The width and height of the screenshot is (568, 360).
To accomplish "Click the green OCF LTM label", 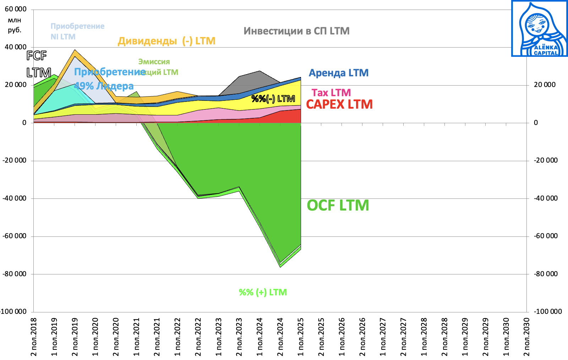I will pos(338,206).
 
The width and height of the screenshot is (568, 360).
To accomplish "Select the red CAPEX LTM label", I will pos(339,104).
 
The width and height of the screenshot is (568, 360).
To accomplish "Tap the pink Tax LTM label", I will pos(331,93).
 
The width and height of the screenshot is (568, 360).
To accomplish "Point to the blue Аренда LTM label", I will pos(338,73).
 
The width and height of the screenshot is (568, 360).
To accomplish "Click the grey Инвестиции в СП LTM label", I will pos(296,31).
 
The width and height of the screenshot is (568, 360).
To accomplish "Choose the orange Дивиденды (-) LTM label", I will pos(166,41).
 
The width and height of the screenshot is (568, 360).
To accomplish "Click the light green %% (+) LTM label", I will pos(263,292).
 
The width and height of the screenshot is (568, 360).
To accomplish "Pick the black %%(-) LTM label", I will pos(273,99).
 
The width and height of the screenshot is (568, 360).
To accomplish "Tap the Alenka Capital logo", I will pos(539,28).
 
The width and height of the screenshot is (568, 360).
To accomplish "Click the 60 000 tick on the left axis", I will pos(16,9).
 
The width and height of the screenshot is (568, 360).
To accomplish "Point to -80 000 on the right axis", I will pos(546,274).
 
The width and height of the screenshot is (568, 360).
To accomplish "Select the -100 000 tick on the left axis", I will pos(13,312).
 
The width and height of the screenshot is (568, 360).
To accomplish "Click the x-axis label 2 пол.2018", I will pos(34,337).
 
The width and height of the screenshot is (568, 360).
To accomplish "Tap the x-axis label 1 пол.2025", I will pos(301,337).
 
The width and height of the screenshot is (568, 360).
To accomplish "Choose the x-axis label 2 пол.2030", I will pos(526,337).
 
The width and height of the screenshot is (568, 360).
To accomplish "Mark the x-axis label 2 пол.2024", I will pos(280,337).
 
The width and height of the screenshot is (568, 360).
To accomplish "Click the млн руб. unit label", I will pos(15,25).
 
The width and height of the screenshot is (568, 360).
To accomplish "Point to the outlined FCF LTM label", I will pos(38,64).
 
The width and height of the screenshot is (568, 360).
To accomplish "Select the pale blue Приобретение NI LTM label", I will pos(77,31).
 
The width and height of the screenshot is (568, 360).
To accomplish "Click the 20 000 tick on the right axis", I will pos(545,84).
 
